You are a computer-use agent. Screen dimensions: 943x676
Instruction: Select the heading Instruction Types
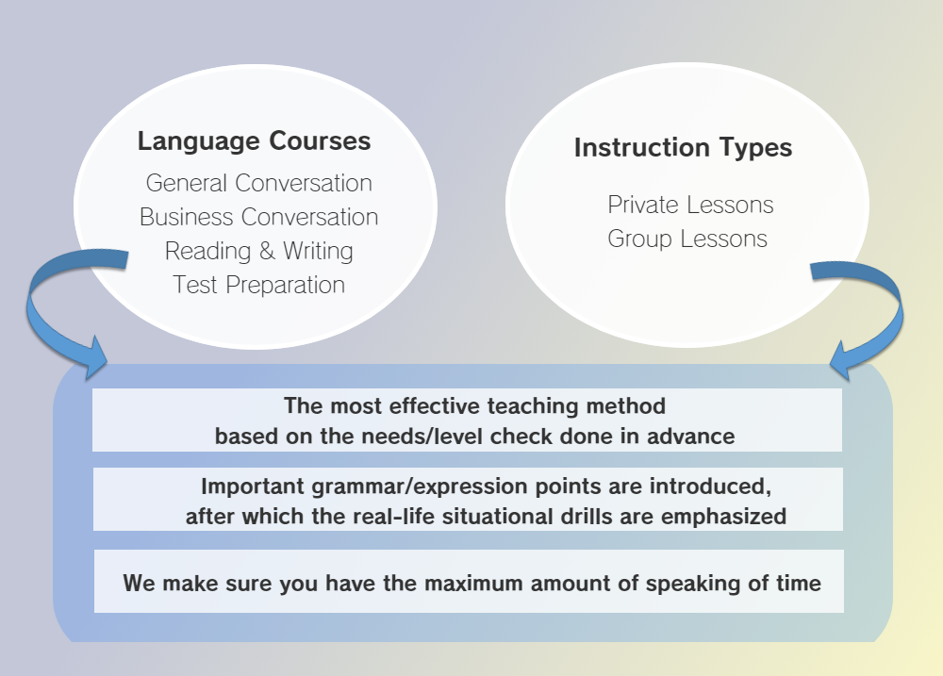point(683,148)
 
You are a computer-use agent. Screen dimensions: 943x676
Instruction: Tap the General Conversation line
point(258,184)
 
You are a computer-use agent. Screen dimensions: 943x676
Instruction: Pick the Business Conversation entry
point(258,217)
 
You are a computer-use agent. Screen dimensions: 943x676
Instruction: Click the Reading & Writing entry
point(258,252)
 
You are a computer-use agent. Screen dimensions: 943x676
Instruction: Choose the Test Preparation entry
point(258,285)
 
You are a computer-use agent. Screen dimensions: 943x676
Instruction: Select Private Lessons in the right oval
point(690,206)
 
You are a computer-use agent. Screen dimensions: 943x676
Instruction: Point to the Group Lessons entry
point(687,239)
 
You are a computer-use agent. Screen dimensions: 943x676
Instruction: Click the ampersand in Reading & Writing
point(267,252)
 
